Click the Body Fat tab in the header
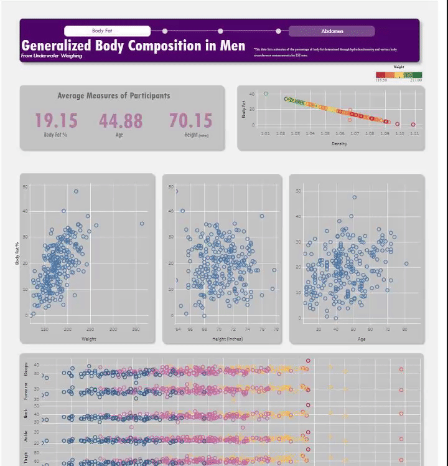(x=107, y=31)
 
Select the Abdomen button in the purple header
(x=332, y=31)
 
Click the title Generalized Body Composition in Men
(x=133, y=45)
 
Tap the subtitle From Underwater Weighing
(x=51, y=56)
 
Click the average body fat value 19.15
(x=56, y=121)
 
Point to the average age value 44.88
(x=120, y=121)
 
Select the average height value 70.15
(x=190, y=121)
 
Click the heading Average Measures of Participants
(x=113, y=96)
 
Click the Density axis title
(x=339, y=144)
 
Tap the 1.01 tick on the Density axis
(x=266, y=133)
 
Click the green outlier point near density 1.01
(x=266, y=94)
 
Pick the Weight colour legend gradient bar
(x=399, y=75)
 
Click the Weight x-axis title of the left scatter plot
(x=88, y=339)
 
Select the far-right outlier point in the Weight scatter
(x=142, y=224)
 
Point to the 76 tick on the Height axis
(x=261, y=329)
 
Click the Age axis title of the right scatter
(x=362, y=340)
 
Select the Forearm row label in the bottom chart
(x=26, y=391)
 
